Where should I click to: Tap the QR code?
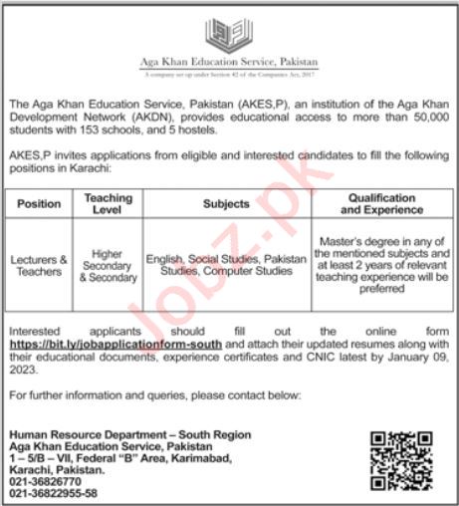click(x=399, y=460)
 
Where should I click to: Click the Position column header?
click(x=40, y=203)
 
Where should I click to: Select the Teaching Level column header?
click(x=108, y=203)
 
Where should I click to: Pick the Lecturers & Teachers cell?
click(x=40, y=265)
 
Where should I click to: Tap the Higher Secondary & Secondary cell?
click(x=108, y=265)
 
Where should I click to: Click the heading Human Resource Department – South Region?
click(x=129, y=435)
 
